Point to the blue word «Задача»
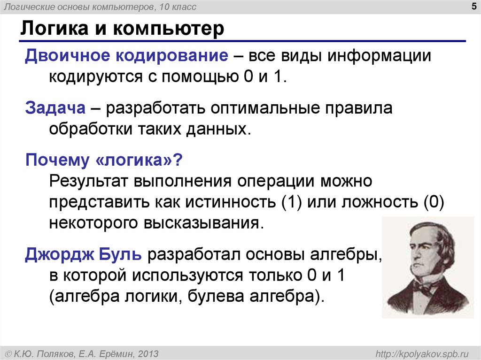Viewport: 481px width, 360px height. tap(55, 109)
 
